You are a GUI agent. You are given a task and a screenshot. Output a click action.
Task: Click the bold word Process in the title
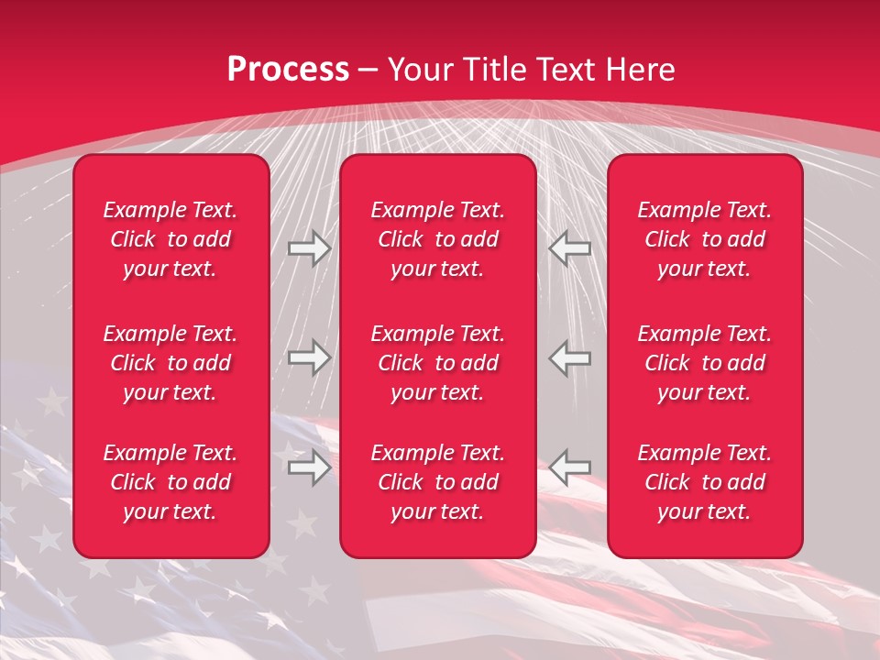pos(288,70)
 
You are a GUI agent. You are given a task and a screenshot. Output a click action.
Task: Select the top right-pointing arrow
pos(309,248)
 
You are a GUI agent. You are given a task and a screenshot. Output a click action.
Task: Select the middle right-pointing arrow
pos(309,358)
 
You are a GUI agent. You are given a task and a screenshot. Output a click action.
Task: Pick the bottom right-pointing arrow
pos(309,468)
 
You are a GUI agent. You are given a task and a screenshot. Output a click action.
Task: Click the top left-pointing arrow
pos(569,248)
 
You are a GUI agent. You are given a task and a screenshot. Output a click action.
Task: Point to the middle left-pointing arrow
pos(569,358)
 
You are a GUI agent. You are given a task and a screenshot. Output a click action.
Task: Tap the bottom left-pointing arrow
pos(569,468)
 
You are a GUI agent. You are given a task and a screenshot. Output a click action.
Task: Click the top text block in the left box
pos(170,239)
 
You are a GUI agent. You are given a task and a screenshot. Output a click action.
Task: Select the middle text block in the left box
pos(170,363)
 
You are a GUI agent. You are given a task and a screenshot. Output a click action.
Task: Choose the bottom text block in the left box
pos(170,482)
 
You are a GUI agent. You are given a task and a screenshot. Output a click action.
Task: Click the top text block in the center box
pos(437,239)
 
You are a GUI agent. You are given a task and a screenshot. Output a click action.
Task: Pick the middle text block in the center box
pos(437,363)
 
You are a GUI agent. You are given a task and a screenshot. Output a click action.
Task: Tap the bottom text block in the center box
pos(437,482)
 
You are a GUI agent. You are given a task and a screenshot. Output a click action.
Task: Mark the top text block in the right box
pos(705,239)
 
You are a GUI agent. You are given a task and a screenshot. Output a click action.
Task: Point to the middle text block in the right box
pos(705,363)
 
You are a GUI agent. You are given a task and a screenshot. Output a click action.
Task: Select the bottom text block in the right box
pos(705,482)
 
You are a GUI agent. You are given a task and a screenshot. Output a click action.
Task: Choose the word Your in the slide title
pos(419,70)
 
